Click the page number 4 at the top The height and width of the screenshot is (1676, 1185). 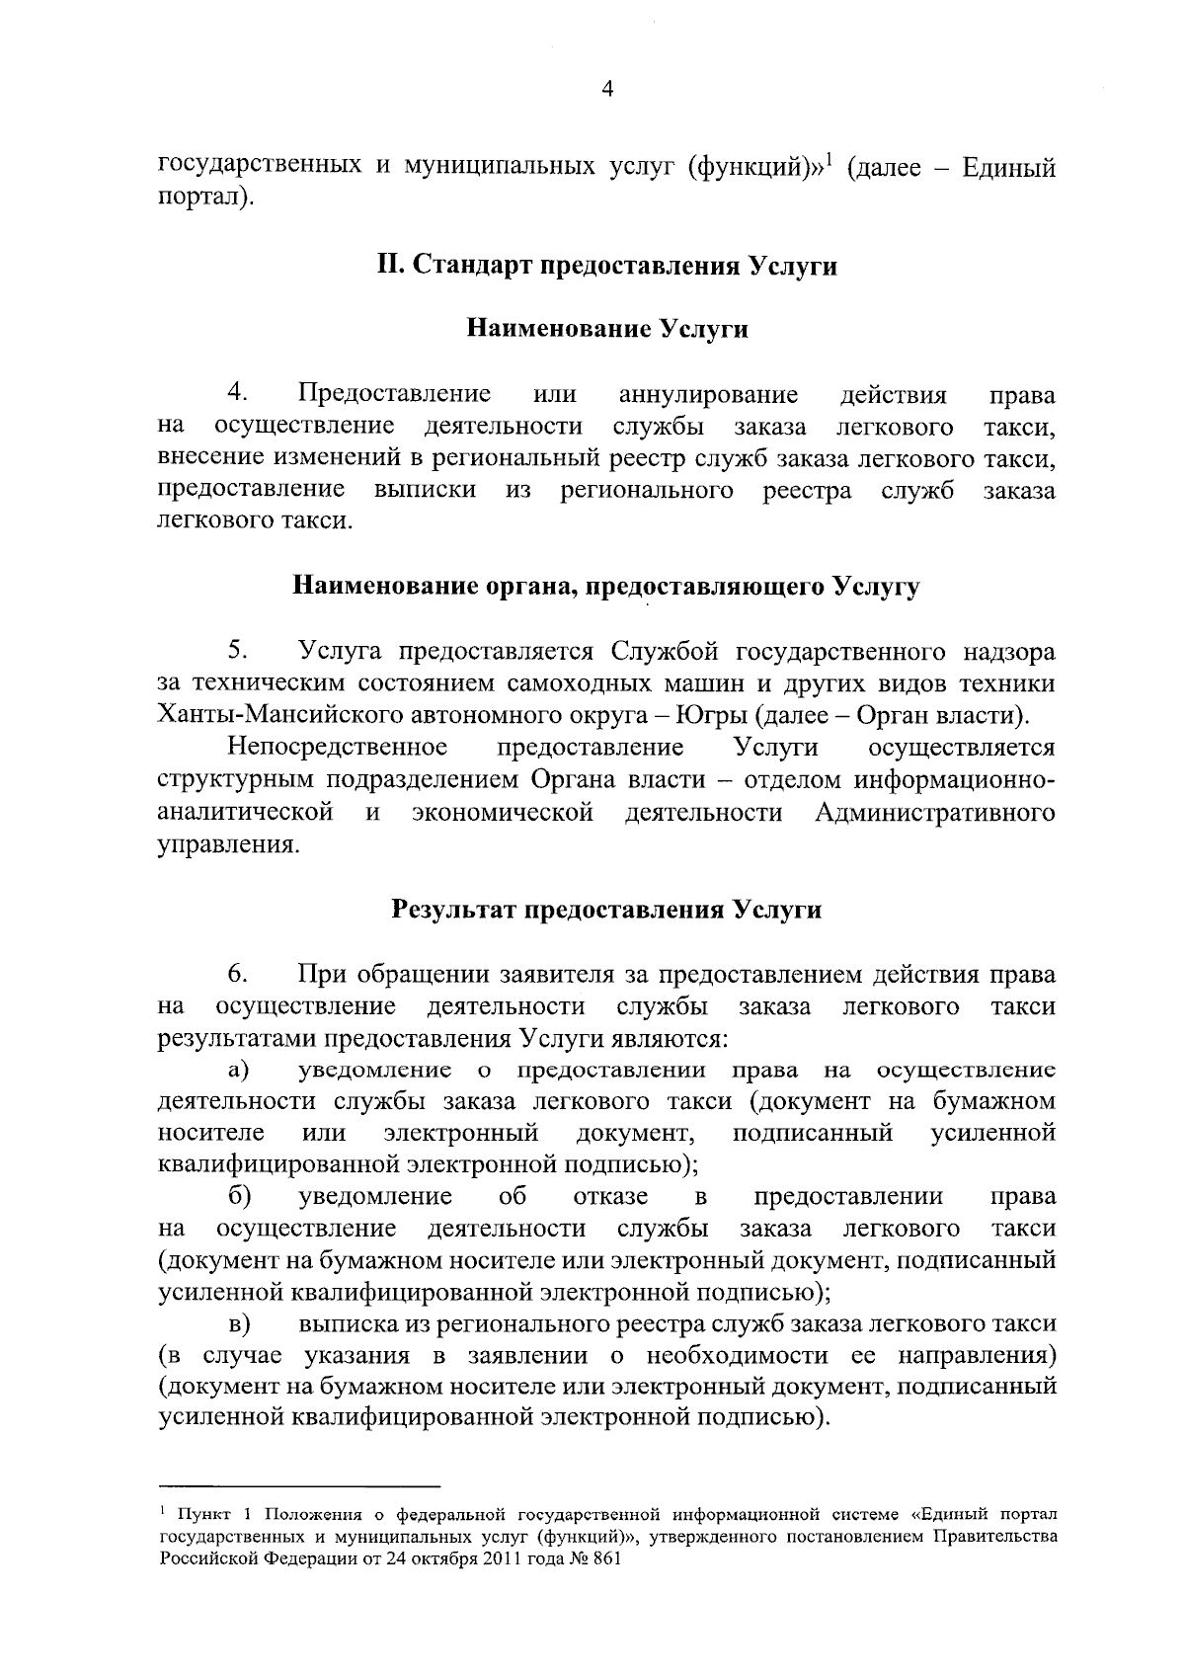coord(607,90)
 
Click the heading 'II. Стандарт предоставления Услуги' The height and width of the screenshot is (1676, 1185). coord(607,266)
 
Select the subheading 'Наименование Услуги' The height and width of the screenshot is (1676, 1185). coord(607,329)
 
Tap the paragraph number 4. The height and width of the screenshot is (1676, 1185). coord(238,393)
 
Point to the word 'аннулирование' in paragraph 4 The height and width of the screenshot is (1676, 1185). coord(708,395)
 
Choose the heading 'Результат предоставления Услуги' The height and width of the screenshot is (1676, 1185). coord(607,909)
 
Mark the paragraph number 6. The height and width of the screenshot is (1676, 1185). coord(238,973)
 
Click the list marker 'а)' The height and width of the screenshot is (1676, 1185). coord(238,1071)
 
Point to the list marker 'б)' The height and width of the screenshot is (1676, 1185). coord(238,1196)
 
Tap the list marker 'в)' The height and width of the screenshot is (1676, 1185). coord(238,1323)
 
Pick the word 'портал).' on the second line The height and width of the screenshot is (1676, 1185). coord(205,199)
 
